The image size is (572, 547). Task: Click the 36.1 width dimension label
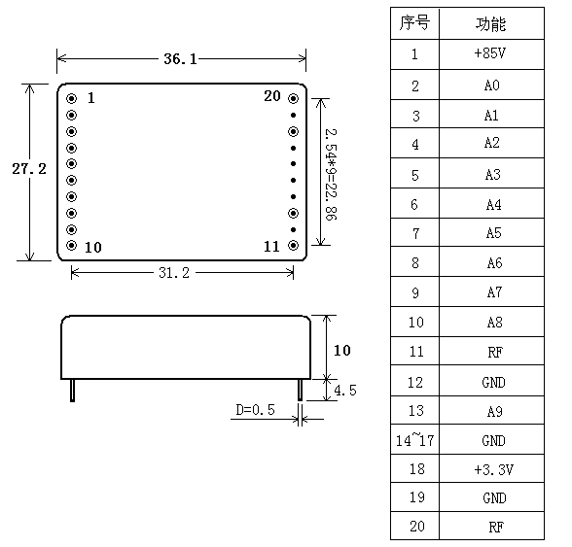pos(180,59)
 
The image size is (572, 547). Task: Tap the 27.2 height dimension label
pos(29,169)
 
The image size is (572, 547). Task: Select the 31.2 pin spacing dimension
pos(174,273)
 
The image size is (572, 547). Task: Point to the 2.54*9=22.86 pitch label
pos(331,174)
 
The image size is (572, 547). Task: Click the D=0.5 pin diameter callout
pos(255,410)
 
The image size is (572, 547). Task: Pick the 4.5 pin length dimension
pos(345,391)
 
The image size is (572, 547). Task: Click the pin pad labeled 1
pos(72,98)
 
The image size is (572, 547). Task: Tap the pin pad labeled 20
pos(294,98)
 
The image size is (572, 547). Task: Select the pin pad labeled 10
pos(72,245)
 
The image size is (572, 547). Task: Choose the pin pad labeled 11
pos(294,245)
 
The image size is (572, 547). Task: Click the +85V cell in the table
pos(490,53)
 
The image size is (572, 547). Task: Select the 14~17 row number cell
pos(414,440)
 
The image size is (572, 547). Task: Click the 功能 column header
pos(490,24)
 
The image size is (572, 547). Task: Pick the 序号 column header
pos(414,22)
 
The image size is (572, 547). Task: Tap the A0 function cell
pos(492,85)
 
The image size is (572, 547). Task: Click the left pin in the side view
pos(73,391)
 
